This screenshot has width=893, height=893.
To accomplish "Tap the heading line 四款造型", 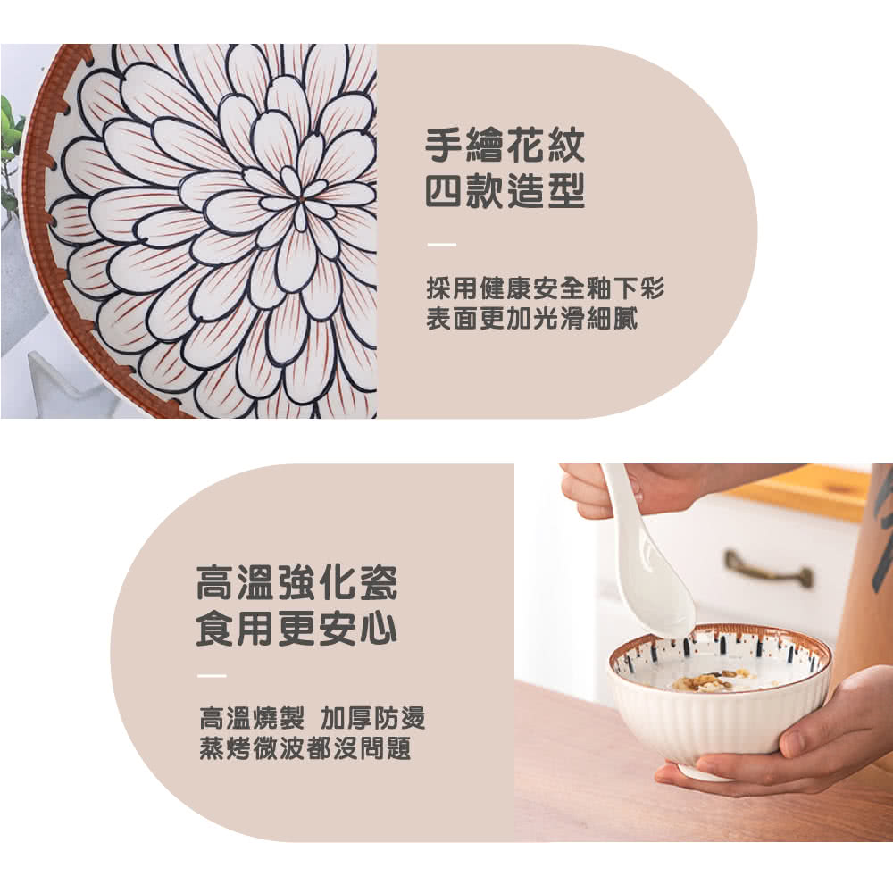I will click(505, 192).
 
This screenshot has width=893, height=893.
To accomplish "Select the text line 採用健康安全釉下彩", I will click(545, 288).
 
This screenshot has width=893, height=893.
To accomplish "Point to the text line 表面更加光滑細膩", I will click(531, 319).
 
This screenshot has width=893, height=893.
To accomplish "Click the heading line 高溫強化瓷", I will click(296, 585).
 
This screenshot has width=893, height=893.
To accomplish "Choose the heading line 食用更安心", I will click(296, 630).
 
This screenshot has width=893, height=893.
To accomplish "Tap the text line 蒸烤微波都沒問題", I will click(305, 749).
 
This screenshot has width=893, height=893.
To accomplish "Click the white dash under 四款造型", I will click(441, 244).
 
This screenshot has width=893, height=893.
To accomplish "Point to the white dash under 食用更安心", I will click(212, 675).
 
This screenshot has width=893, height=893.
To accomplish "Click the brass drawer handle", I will click(768, 569).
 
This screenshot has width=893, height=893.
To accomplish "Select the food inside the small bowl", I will click(710, 680).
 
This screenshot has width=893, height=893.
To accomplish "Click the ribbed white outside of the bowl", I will click(714, 728).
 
